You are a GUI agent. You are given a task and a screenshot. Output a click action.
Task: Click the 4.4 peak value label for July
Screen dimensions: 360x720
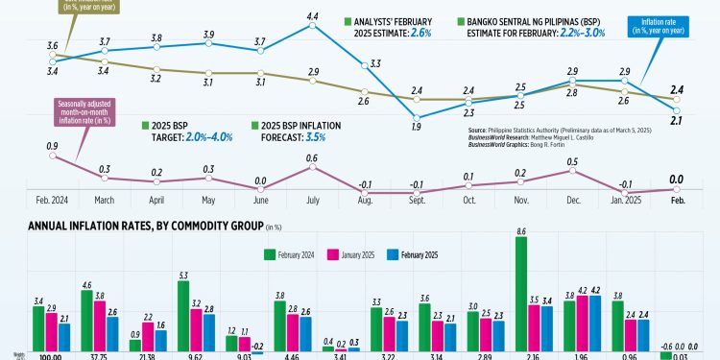312,16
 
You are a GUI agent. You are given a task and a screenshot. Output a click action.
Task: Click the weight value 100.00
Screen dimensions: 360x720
47,355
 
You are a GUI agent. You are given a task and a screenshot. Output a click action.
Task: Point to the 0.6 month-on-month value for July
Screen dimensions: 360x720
312,158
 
